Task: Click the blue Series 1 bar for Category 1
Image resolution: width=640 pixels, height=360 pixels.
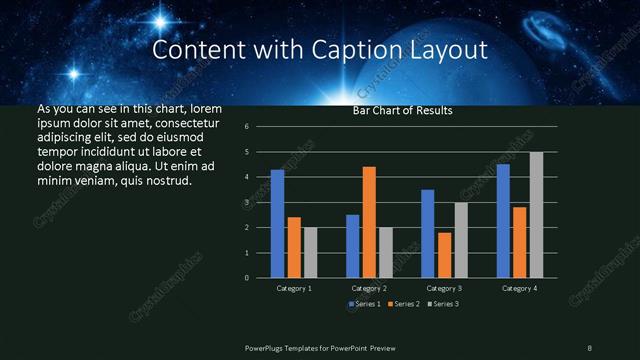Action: click(277, 223)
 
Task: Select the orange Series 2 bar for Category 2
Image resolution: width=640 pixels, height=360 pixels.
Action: click(369, 222)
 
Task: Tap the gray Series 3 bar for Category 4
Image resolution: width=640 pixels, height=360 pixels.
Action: click(536, 214)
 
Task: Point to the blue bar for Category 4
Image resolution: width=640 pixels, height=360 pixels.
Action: click(503, 220)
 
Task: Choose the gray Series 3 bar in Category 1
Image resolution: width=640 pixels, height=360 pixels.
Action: click(311, 252)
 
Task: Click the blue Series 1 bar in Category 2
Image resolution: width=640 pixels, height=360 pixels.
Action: click(352, 245)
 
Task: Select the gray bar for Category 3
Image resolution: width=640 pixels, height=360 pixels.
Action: click(461, 239)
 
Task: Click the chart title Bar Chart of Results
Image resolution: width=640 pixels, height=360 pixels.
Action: click(403, 111)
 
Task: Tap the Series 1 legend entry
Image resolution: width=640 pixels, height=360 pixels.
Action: click(365, 303)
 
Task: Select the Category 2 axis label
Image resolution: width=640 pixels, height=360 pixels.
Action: click(369, 288)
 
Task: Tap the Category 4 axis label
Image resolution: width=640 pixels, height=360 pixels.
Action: click(519, 288)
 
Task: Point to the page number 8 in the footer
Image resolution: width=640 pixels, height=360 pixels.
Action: click(589, 347)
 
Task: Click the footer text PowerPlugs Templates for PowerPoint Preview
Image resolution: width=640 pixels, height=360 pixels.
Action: click(327, 347)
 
